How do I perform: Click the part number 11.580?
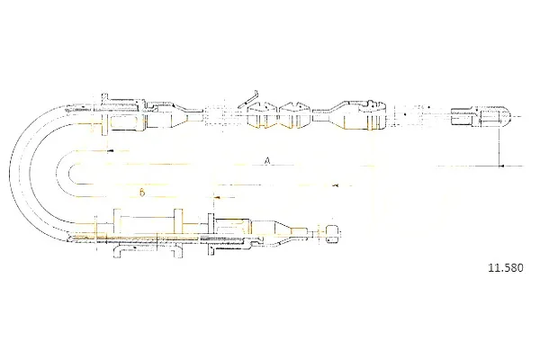coord(506,267)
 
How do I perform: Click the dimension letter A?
coord(266,160)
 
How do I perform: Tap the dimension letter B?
coord(142,193)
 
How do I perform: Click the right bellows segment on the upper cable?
coord(295,114)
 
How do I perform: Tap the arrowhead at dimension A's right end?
coord(502,166)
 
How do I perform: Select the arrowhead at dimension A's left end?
coord(110,151)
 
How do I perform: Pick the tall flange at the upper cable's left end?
coord(104,114)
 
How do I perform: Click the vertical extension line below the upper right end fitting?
coord(499,146)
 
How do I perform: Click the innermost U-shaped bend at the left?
coord(70,174)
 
